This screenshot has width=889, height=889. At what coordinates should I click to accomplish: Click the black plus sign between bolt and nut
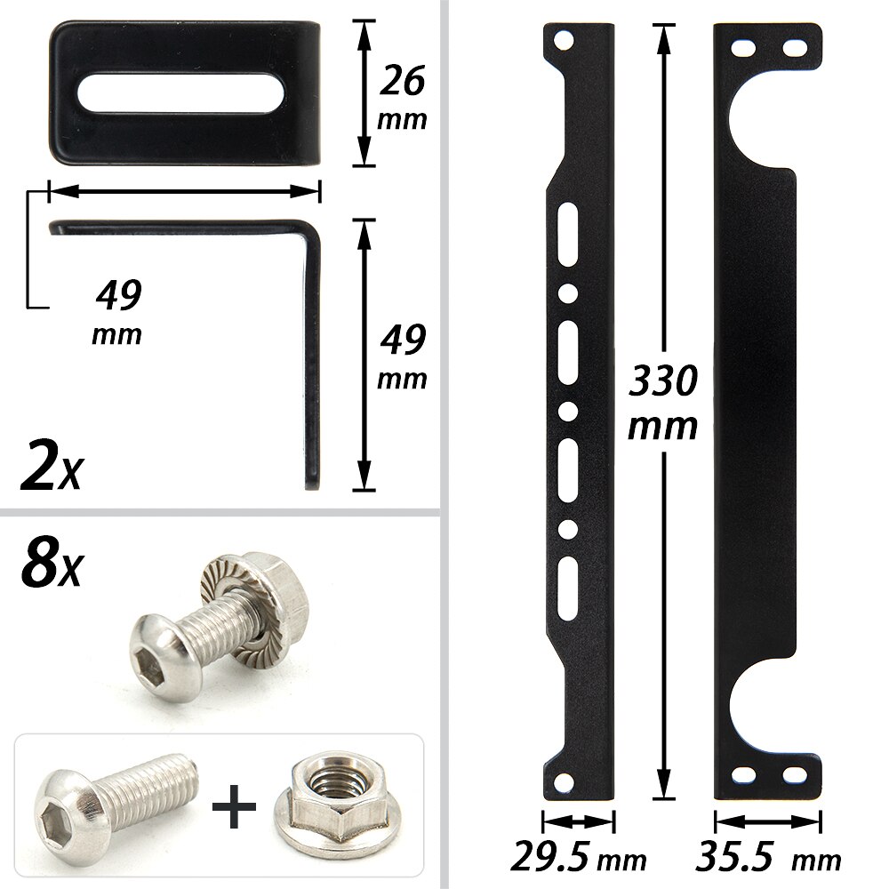235,806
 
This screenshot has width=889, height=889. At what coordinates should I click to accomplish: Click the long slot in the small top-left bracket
181,93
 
